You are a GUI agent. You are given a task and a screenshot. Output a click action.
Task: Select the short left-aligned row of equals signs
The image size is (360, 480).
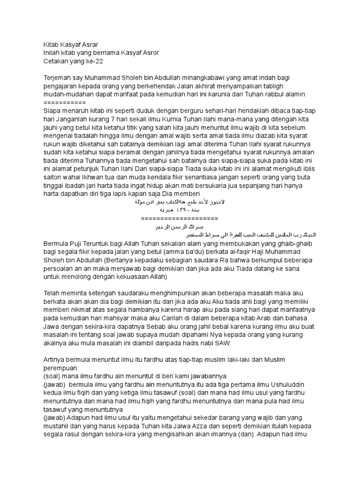tap(64, 102)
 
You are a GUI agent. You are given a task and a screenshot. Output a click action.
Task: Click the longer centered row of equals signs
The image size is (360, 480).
tap(180, 218)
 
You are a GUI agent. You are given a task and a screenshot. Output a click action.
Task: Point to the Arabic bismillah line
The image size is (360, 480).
tap(180, 226)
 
